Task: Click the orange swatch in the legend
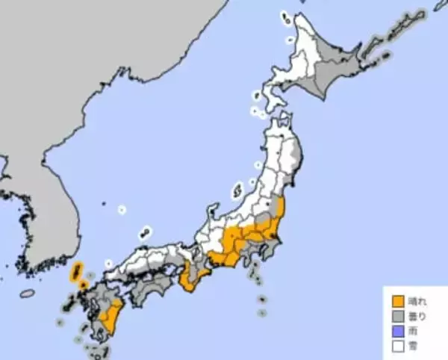tap(398, 302)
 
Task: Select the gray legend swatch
tap(398, 317)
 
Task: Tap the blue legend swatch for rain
tap(398, 331)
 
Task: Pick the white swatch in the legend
tap(398, 346)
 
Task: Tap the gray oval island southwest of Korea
tap(27, 294)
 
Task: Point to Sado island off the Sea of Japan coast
tap(238, 190)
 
